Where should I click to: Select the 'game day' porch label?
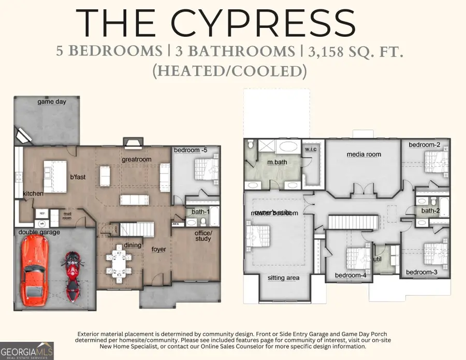(x=52, y=102)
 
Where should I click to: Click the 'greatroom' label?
(x=137, y=159)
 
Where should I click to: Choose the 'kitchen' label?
(x=33, y=194)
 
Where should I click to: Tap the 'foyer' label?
(x=159, y=249)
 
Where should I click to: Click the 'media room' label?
(x=363, y=154)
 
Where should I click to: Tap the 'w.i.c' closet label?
(x=311, y=150)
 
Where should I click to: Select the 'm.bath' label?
(x=278, y=163)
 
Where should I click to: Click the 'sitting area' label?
(x=283, y=278)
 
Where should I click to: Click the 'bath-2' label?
(x=430, y=211)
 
